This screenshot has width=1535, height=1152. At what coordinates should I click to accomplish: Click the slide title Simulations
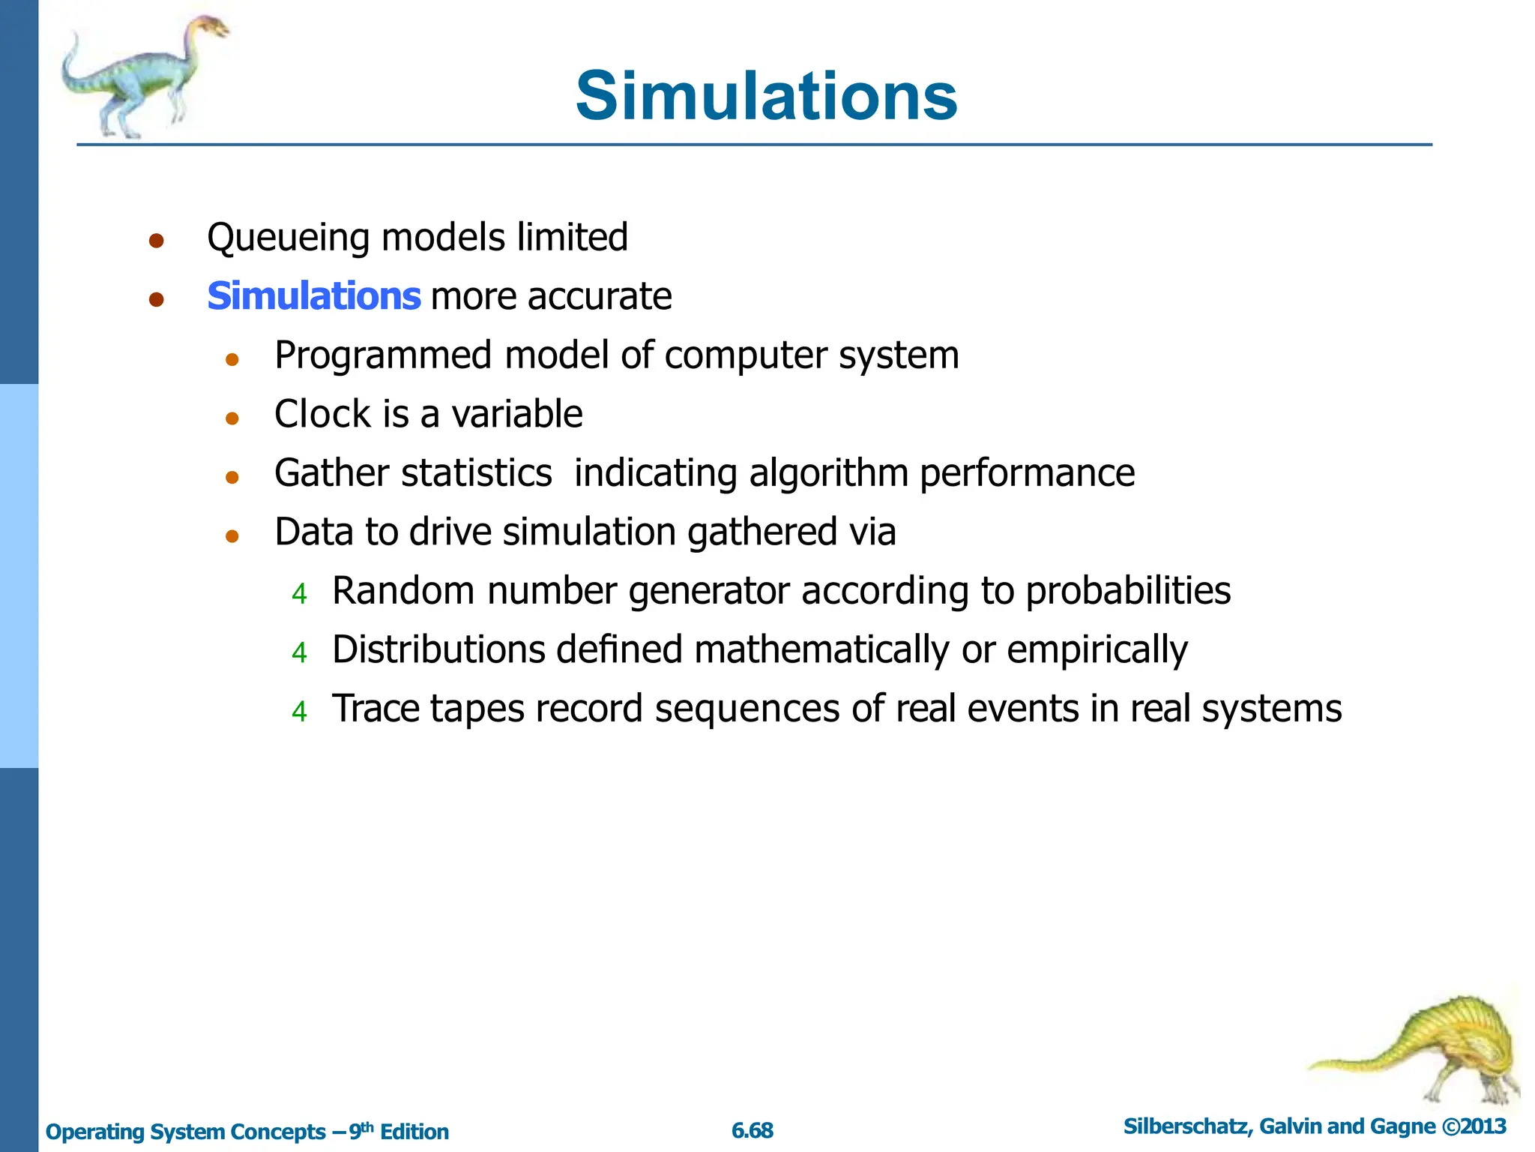point(766,96)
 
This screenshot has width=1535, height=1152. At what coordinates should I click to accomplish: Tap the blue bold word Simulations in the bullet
point(313,296)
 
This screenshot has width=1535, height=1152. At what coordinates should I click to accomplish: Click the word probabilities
point(1128,592)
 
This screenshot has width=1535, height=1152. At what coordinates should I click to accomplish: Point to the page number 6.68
point(753,1130)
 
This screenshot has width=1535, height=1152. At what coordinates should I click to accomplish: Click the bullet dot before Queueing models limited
point(156,241)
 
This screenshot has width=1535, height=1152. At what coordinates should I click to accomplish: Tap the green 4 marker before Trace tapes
point(300,711)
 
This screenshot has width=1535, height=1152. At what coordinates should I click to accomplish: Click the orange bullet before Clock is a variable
point(232,418)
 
